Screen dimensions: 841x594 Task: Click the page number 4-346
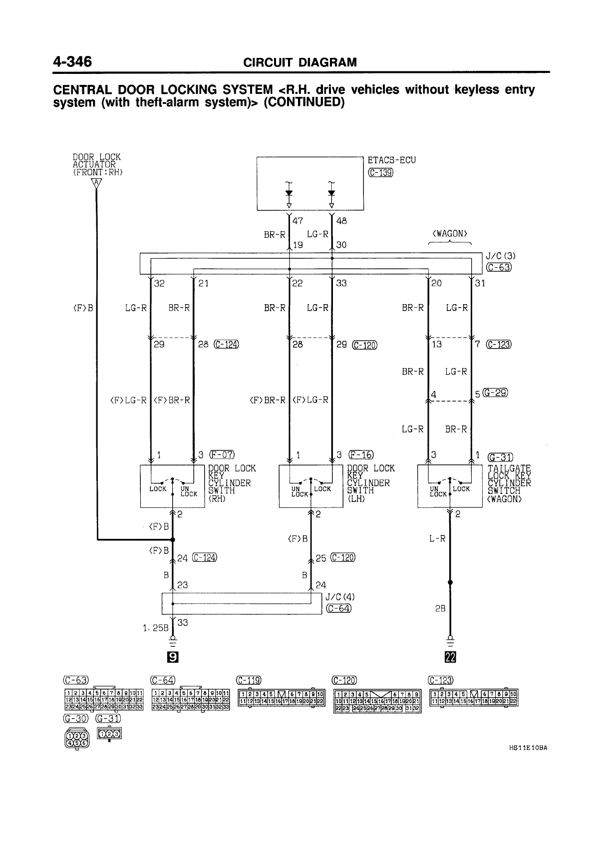73,61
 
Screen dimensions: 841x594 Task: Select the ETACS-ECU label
391,160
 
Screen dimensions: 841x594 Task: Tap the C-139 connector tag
380,173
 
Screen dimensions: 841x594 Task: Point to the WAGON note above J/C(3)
450,234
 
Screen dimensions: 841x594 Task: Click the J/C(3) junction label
500,256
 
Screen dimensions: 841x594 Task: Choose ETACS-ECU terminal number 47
297,220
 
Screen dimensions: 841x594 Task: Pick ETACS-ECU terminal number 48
341,220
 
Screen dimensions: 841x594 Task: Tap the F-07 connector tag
222,454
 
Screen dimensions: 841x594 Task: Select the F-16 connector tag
361,454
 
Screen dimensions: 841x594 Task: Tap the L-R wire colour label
437,539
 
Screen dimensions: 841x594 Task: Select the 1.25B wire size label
156,628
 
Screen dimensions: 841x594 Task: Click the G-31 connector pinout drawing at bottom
109,734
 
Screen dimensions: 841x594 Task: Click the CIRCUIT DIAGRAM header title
299,62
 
